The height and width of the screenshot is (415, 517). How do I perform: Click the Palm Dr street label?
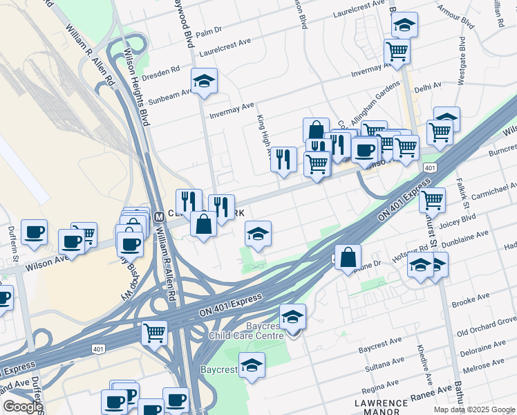pos(209,31)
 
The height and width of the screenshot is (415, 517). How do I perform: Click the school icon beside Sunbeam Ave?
pos(204,82)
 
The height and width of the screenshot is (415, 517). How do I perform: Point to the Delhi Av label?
pos(428,88)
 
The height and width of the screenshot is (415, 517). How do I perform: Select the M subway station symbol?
pos(158,216)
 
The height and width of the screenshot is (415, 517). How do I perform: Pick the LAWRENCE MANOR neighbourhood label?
pos(381,407)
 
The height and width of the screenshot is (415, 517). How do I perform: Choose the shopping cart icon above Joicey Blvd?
pos(432,201)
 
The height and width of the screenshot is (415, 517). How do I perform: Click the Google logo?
pos(23,407)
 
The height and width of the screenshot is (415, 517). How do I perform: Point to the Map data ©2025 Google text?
pos(475,409)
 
